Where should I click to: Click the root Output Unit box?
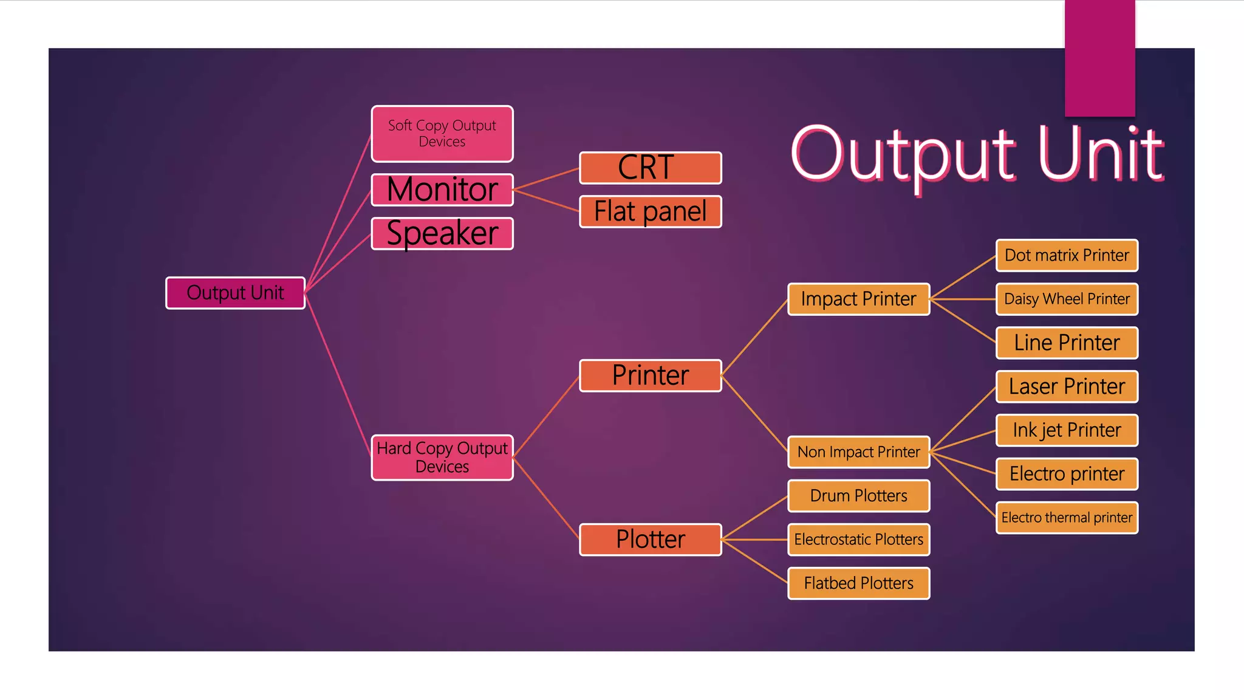tap(235, 293)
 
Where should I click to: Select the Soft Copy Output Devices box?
tap(442, 134)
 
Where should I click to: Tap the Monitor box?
tap(442, 190)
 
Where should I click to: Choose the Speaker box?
tap(442, 233)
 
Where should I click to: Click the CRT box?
tap(650, 168)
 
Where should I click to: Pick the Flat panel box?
tap(650, 211)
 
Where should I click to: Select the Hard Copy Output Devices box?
tap(442, 457)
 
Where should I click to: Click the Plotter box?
tap(650, 540)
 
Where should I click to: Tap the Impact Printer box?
tap(858, 299)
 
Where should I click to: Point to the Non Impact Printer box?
tap(858, 452)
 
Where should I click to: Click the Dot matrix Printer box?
tap(1067, 255)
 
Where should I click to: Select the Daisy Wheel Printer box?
tap(1067, 299)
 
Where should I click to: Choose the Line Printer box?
tap(1067, 343)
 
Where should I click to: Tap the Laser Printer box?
tap(1067, 386)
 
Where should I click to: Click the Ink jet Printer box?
tap(1067, 430)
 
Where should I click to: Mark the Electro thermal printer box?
tap(1067, 518)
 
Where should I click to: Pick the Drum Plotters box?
tap(858, 496)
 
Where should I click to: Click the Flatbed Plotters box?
tap(858, 583)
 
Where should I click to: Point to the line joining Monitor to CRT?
tap(546, 179)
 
